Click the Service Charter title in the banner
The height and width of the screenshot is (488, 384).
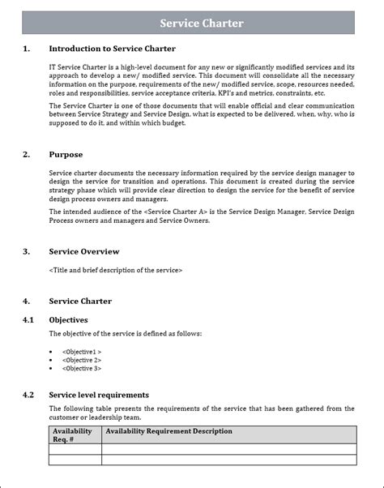point(201,24)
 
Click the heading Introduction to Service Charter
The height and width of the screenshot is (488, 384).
point(112,49)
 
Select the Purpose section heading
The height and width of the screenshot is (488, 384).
point(66,154)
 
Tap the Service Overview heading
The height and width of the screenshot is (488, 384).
point(84,251)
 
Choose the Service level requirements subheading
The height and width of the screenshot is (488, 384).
point(99,395)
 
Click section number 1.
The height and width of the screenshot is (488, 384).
point(27,49)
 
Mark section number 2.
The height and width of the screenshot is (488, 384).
point(27,154)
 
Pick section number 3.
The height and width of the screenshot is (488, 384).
point(27,251)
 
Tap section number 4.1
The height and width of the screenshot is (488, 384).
point(28,319)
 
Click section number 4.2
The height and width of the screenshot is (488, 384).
point(28,395)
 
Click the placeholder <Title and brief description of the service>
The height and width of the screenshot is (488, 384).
point(116,270)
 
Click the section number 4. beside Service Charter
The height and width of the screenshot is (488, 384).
point(27,301)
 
